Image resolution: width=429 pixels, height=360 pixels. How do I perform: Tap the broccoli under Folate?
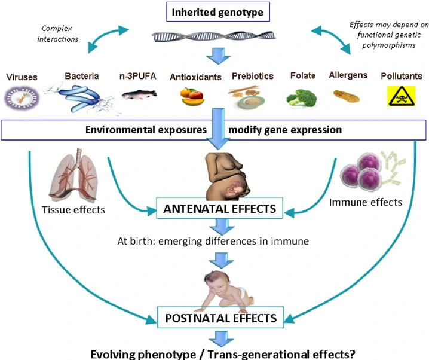click(301, 96)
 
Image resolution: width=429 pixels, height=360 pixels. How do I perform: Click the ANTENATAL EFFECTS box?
click(220, 210)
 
